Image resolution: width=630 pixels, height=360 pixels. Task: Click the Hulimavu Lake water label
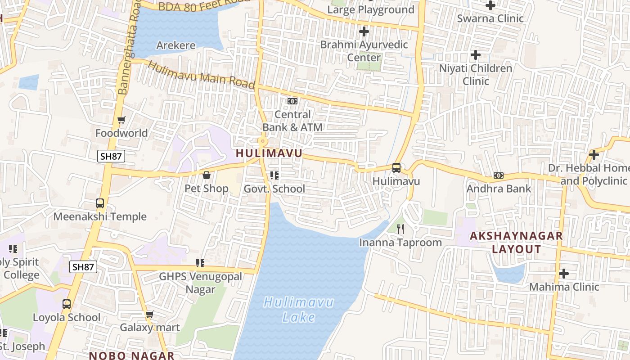pos(298,309)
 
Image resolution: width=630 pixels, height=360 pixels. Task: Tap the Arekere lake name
pos(176,45)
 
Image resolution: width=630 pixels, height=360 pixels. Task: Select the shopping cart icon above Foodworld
pos(121,120)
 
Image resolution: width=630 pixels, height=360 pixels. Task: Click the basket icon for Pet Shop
pos(207,175)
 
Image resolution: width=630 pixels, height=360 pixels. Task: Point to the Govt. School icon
pos(274,175)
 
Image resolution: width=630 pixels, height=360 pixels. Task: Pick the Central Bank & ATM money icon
pos(292,101)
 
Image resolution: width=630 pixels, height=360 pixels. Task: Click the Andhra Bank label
pos(499,189)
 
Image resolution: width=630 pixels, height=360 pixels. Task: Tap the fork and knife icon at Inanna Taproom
pos(400,229)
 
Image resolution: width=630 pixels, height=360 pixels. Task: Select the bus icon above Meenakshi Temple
pos(100,203)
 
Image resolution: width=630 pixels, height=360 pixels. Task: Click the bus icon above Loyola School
pos(67,304)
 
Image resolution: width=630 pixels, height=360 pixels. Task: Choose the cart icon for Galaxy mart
pos(149,314)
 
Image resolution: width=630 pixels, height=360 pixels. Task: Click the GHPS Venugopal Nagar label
pos(201,283)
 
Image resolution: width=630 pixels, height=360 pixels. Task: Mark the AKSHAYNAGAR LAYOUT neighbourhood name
pos(516,242)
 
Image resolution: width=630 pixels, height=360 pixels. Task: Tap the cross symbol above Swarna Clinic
pos(490,5)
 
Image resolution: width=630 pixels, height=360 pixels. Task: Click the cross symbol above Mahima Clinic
pos(564,274)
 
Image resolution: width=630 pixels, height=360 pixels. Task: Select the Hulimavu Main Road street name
pos(201,75)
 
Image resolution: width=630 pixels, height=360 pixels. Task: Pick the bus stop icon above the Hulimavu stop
pos(396,168)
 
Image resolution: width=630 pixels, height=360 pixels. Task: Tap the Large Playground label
pos(371,9)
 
